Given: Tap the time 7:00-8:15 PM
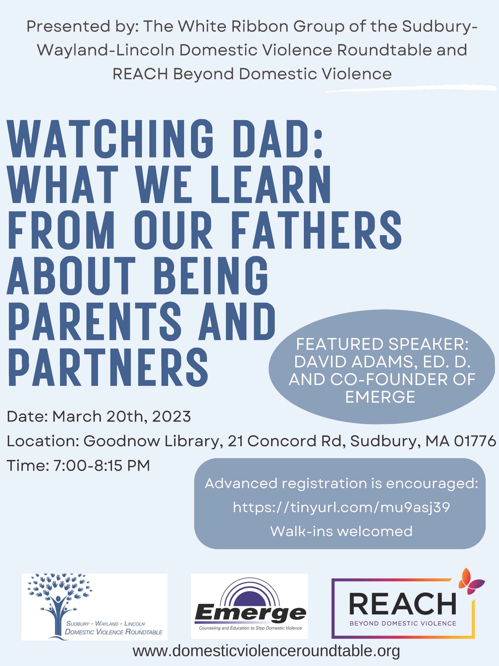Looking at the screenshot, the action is pyautogui.click(x=102, y=465).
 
